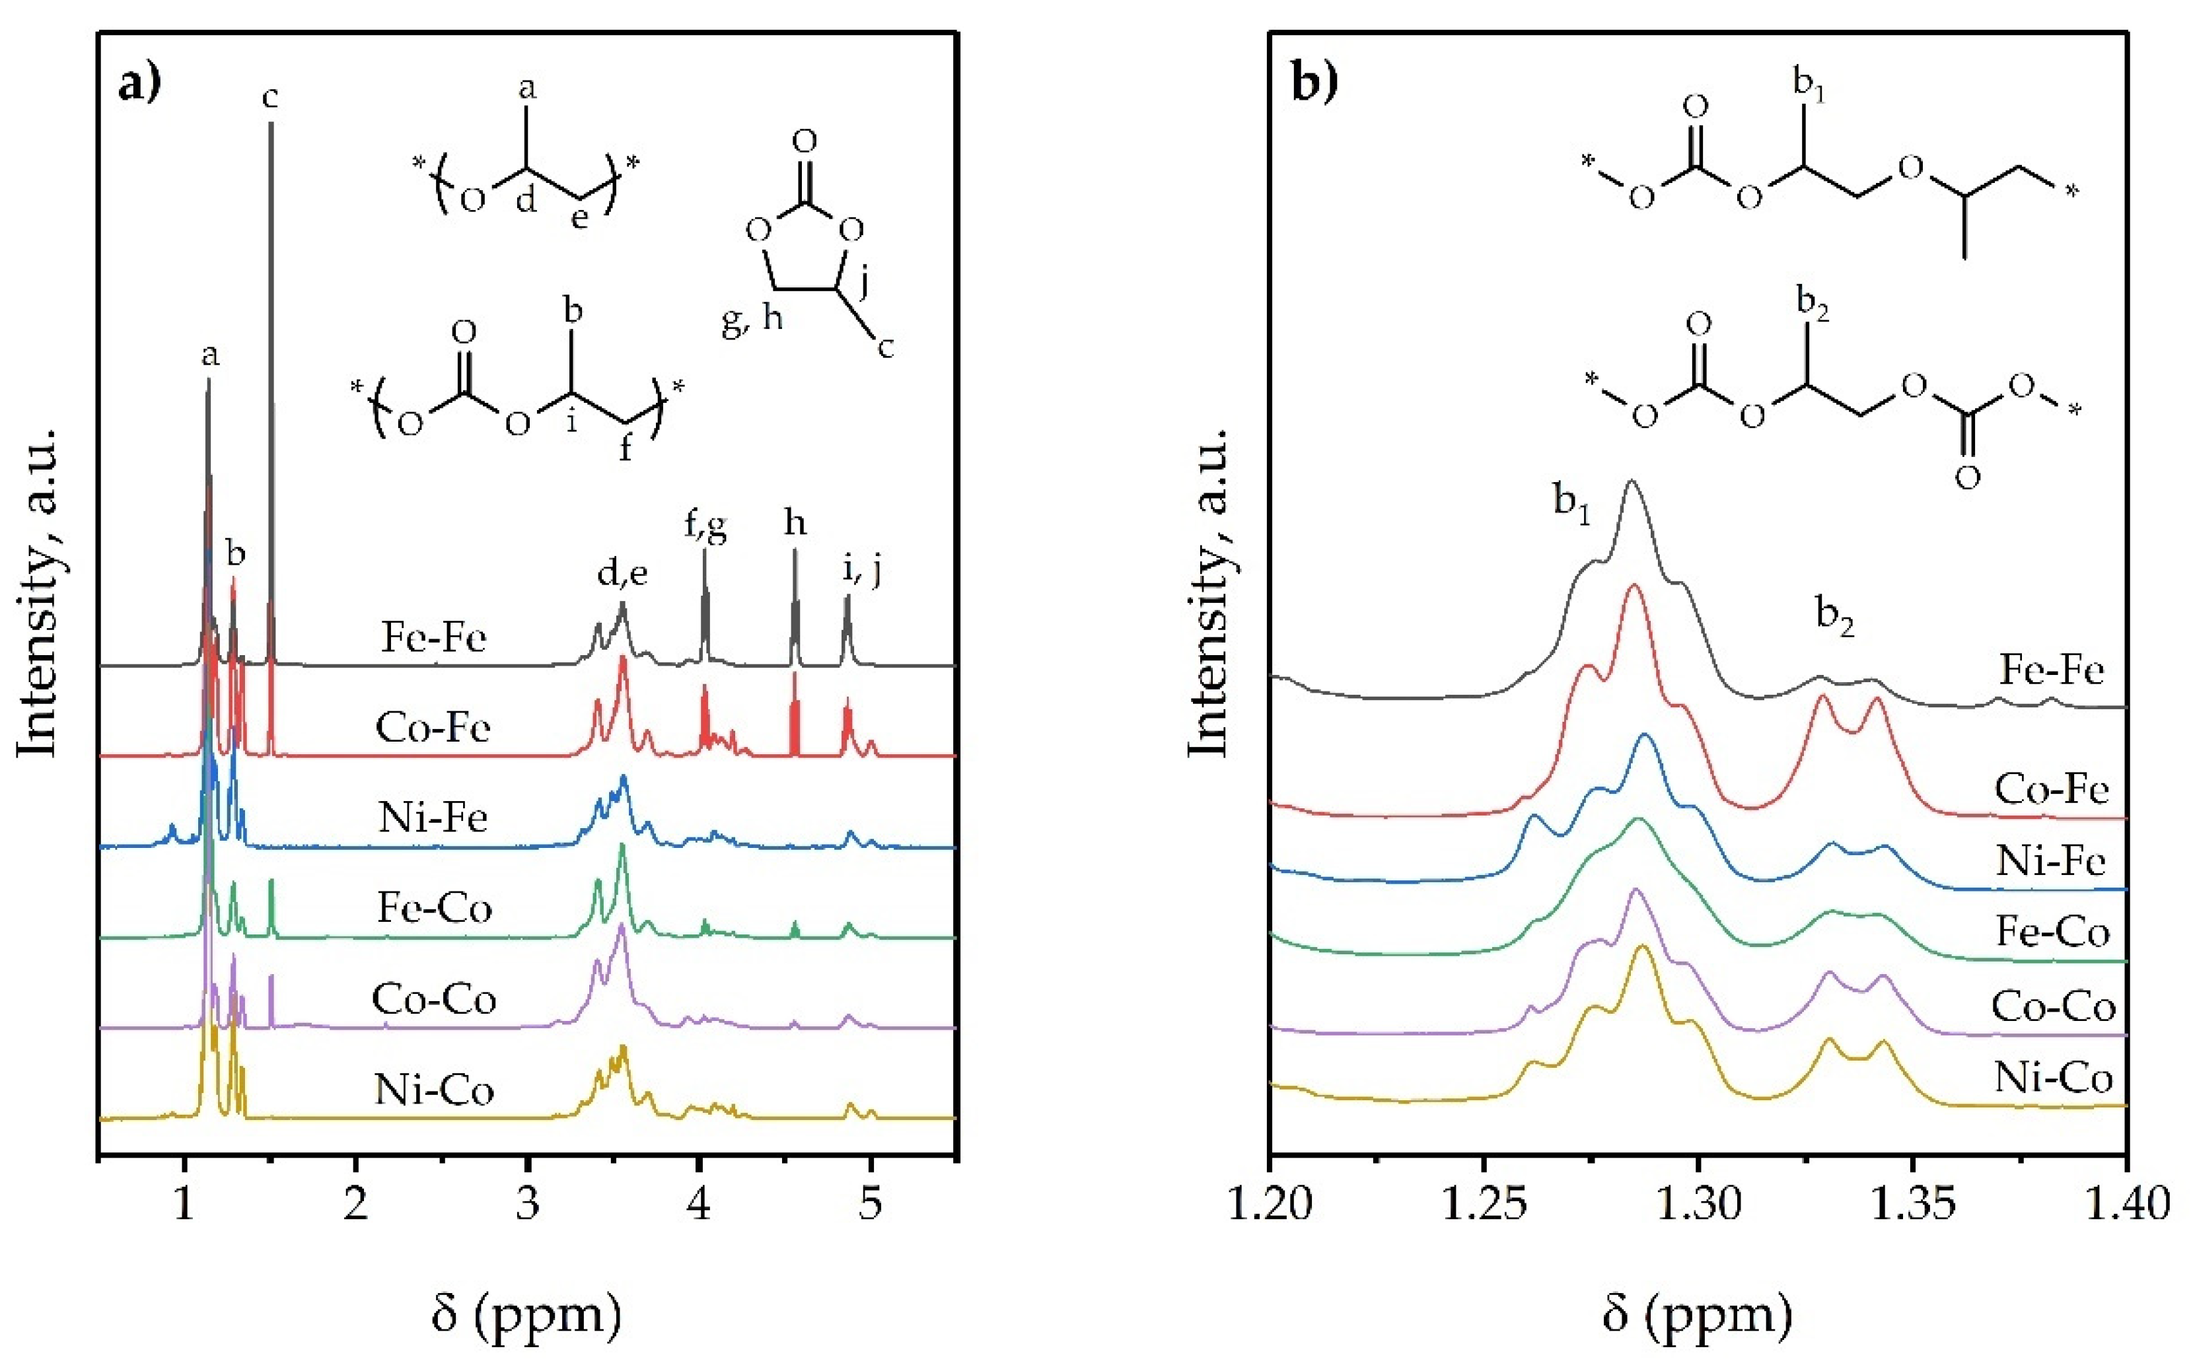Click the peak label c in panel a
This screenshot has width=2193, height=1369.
click(x=270, y=96)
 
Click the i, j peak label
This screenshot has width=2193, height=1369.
click(x=861, y=571)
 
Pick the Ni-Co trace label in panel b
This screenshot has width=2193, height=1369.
click(x=2053, y=1078)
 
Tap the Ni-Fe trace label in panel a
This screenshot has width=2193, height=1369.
click(x=434, y=818)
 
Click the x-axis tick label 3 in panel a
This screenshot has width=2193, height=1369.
click(x=528, y=1204)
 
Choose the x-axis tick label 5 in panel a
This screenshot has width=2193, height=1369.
click(x=870, y=1204)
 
